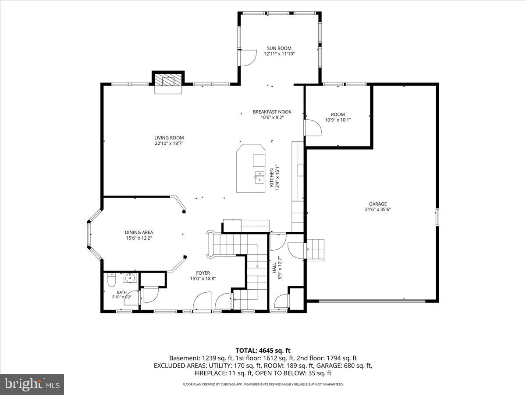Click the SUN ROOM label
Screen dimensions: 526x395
pyautogui.click(x=279, y=48)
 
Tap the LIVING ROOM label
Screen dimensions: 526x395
pyautogui.click(x=169, y=138)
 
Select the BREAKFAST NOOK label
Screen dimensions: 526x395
pyautogui.click(x=272, y=112)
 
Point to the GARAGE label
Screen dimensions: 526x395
pyautogui.click(x=378, y=204)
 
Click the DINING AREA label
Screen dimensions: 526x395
pyautogui.click(x=139, y=233)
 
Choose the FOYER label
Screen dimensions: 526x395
pyautogui.click(x=203, y=273)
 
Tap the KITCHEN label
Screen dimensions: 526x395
pyautogui.click(x=272, y=177)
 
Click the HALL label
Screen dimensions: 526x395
pyautogui.click(x=274, y=268)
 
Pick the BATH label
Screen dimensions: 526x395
pyautogui.click(x=122, y=292)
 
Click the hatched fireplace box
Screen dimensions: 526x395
pyautogui.click(x=168, y=79)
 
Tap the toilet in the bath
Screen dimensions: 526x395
pyautogui.click(x=111, y=280)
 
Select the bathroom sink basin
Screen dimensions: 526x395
pyautogui.click(x=130, y=278)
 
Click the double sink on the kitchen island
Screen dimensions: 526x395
pyautogui.click(x=259, y=177)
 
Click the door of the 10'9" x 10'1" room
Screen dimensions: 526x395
pyautogui.click(x=313, y=128)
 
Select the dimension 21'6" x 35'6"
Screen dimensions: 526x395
pyautogui.click(x=378, y=209)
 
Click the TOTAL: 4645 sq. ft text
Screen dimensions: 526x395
pyautogui.click(x=263, y=351)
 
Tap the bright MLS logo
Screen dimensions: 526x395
pyautogui.click(x=32, y=384)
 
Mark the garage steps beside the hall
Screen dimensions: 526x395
pyautogui.click(x=315, y=250)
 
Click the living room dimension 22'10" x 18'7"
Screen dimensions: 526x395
pyautogui.click(x=169, y=144)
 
